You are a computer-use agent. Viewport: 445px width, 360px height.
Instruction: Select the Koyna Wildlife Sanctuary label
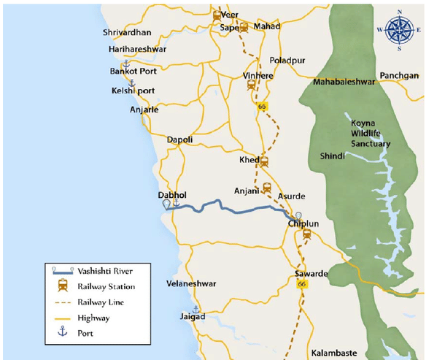tap(371, 134)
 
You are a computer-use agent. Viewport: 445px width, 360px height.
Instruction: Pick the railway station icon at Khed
tap(264, 162)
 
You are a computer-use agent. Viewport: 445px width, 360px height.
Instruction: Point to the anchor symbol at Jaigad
tap(195, 309)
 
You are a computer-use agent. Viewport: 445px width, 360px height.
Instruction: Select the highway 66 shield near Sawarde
tap(301, 283)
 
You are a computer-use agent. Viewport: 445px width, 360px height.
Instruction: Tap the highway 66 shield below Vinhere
tap(261, 107)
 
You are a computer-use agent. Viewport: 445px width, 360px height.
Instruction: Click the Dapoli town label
tap(179, 139)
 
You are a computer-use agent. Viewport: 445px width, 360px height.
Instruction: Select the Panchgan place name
tap(399, 76)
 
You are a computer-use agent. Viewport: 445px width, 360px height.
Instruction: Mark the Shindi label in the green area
tap(333, 156)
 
